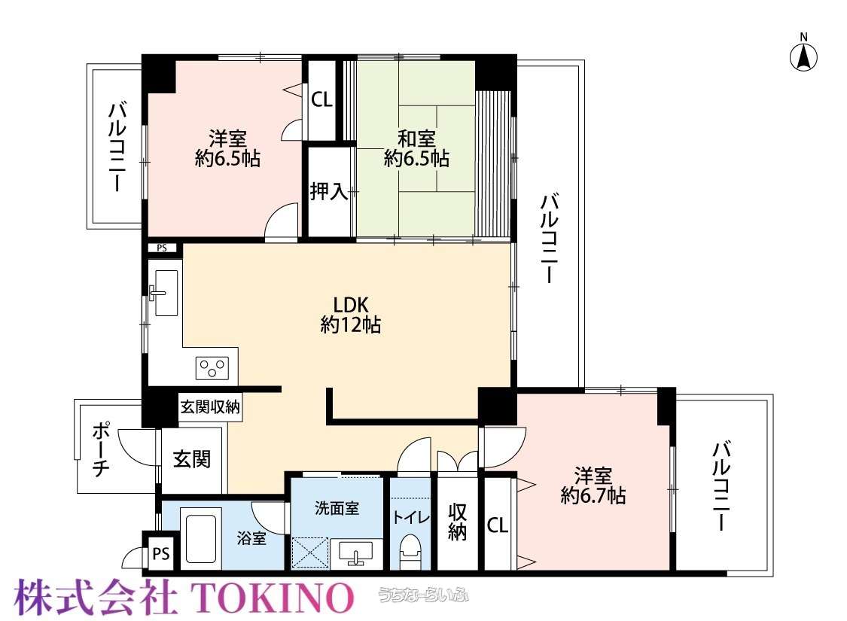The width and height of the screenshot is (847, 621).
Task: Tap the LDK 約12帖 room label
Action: (x=351, y=315)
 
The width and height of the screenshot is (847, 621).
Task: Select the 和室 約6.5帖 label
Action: (x=416, y=148)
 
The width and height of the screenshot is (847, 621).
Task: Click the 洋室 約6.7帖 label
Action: (x=593, y=486)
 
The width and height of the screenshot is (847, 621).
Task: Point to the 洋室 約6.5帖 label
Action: (x=227, y=148)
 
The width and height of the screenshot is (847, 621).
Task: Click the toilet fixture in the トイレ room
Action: (x=410, y=551)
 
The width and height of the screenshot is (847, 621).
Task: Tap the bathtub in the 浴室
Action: (x=201, y=538)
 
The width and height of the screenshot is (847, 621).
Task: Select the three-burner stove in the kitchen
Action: (x=212, y=368)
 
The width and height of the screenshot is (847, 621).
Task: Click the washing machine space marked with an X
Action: (x=310, y=553)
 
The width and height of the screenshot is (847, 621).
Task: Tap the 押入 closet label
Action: (x=328, y=190)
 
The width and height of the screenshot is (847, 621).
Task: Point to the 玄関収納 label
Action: (x=210, y=406)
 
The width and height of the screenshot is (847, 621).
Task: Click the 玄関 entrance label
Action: (x=192, y=458)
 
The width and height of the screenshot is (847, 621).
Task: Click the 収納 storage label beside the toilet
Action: (x=457, y=522)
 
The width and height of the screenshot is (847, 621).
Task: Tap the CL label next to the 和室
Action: (x=321, y=99)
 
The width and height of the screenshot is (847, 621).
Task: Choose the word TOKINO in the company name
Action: (x=273, y=597)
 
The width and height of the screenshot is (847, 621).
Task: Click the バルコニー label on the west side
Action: (x=117, y=147)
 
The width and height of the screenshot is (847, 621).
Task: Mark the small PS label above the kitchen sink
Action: (x=162, y=248)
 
